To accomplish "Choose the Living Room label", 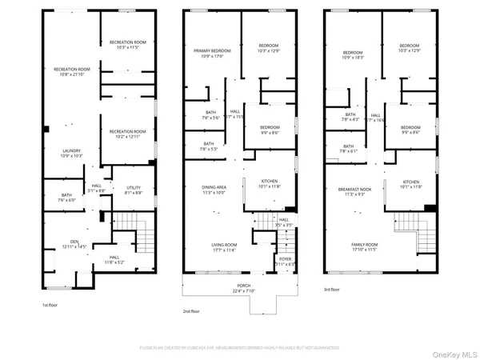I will [212, 247].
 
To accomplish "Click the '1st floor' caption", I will [50, 305].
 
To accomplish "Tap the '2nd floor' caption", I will [192, 312].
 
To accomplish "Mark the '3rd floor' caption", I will [332, 290].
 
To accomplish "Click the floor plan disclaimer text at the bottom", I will [240, 348].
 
